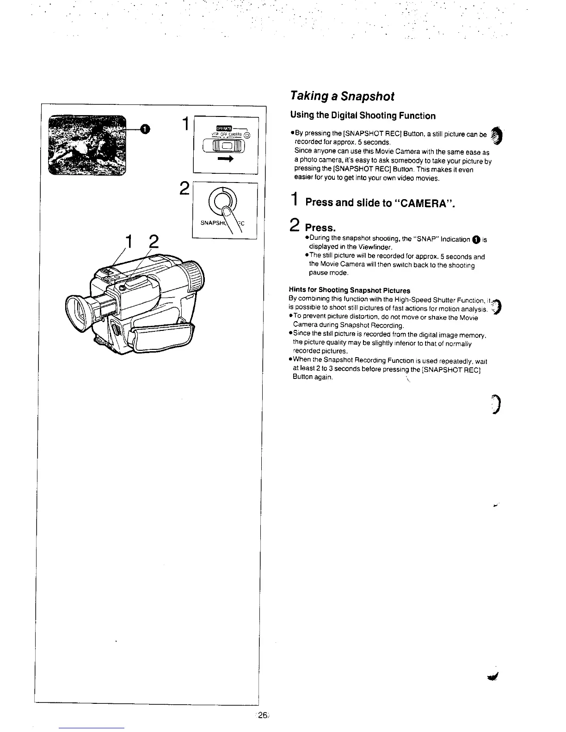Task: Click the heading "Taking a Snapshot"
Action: click(342, 96)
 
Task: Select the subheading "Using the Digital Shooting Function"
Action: click(363, 116)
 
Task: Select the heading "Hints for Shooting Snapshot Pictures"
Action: click(349, 290)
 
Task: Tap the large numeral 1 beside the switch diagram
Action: click(185, 125)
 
